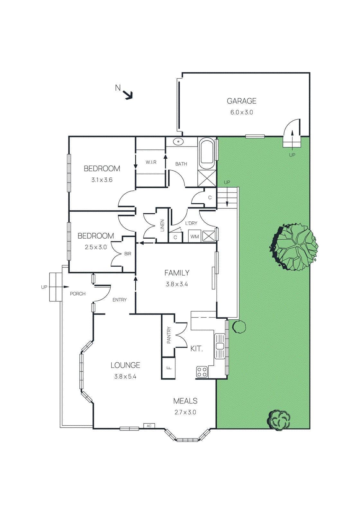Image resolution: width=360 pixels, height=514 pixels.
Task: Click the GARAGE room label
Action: click(x=241, y=101)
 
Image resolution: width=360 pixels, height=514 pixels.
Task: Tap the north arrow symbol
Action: click(x=128, y=94)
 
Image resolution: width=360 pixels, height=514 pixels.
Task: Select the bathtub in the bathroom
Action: click(x=207, y=154)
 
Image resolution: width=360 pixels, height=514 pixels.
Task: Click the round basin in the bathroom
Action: click(x=178, y=141)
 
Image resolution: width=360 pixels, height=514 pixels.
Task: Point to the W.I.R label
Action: click(x=151, y=162)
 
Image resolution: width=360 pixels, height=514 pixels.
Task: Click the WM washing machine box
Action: click(x=194, y=236)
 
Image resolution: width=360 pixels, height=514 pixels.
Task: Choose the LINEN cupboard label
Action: click(x=162, y=225)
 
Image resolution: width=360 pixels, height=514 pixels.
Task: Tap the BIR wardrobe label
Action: click(x=128, y=254)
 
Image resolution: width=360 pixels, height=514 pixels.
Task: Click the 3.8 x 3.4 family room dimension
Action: click(x=177, y=284)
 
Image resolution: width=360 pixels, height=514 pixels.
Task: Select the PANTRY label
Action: click(x=169, y=335)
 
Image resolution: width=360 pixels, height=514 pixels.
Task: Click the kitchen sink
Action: click(x=220, y=346)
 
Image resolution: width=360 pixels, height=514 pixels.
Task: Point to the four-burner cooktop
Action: click(x=202, y=372)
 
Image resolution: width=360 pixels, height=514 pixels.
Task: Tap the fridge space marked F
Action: click(x=169, y=368)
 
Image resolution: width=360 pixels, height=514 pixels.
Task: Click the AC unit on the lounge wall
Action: click(x=149, y=426)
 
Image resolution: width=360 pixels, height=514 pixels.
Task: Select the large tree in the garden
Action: click(x=294, y=247)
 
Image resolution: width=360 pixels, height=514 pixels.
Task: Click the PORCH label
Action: click(x=78, y=294)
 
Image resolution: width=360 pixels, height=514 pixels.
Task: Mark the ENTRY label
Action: click(x=120, y=300)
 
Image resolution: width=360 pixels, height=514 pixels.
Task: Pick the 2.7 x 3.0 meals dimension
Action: click(x=185, y=412)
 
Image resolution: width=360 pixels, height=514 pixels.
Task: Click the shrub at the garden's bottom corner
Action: click(x=279, y=420)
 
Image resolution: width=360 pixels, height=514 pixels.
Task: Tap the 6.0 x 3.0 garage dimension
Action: click(x=241, y=112)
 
